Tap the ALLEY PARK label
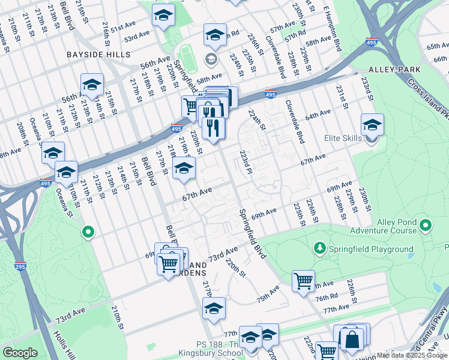(x=394, y=70)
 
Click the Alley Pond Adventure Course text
(x=396, y=226)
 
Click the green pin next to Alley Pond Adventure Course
(x=426, y=226)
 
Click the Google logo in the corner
(x=20, y=353)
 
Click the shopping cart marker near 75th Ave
(x=303, y=281)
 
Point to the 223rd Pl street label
(x=246, y=162)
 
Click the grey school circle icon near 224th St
(x=211, y=58)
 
